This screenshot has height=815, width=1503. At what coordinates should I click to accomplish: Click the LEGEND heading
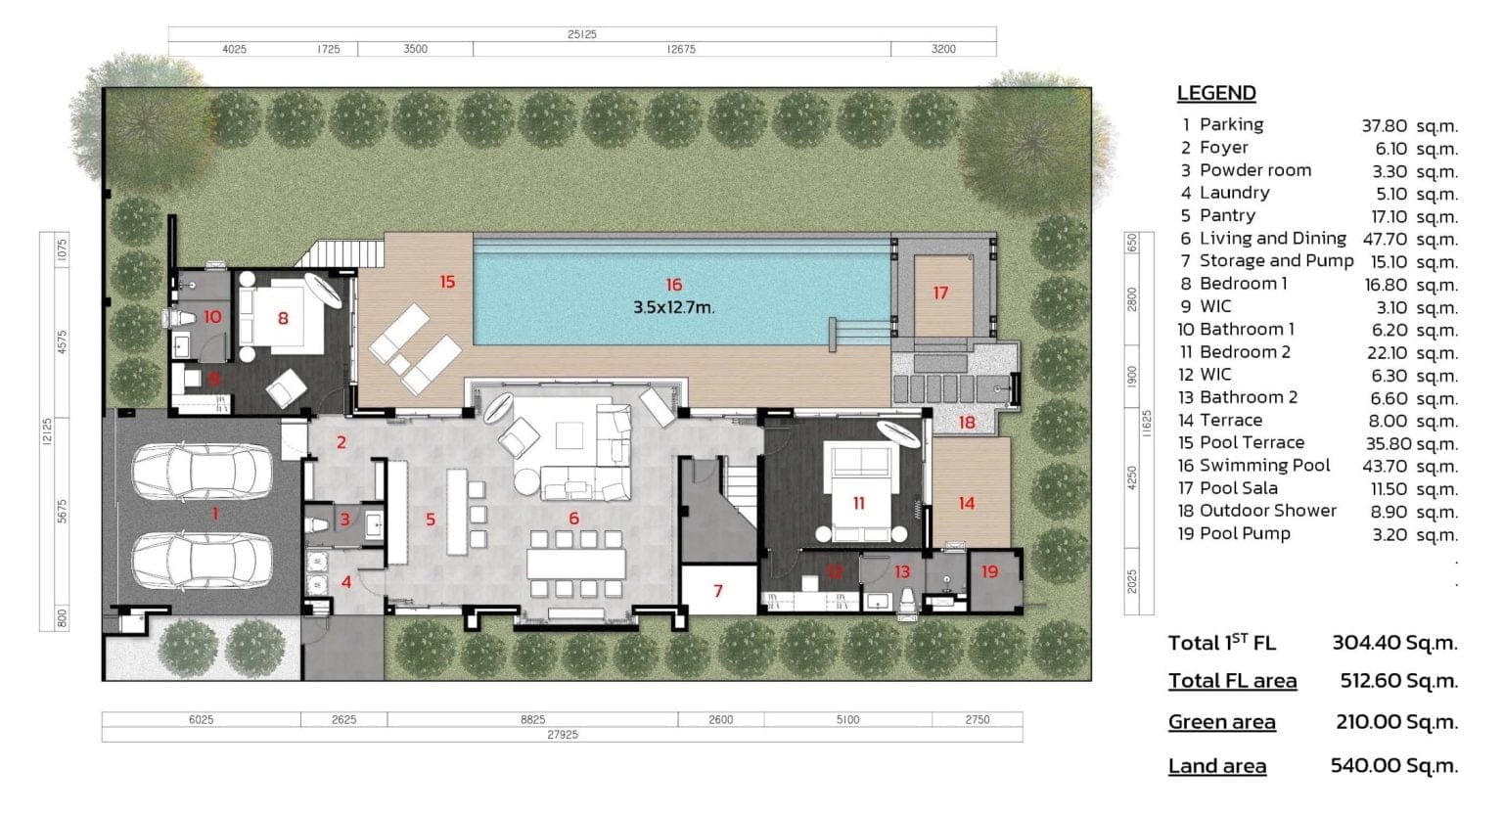(x=1215, y=93)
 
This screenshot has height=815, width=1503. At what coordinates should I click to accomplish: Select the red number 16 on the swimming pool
(x=673, y=285)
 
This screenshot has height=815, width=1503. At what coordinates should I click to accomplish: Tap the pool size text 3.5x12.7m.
(x=673, y=307)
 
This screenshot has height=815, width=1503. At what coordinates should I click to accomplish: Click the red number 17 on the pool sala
(x=940, y=293)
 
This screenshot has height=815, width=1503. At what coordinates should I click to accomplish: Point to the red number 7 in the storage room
(x=718, y=591)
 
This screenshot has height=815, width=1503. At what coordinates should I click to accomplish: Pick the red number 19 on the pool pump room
(x=989, y=571)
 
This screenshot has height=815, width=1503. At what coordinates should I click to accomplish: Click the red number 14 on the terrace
(x=966, y=503)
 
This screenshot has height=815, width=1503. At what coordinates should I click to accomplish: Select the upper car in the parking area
(x=203, y=472)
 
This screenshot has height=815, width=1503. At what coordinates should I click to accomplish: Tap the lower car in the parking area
(x=203, y=560)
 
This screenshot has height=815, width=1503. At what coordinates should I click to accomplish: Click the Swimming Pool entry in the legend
(x=1264, y=466)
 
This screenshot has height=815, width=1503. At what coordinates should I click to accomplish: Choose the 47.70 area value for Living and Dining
(x=1385, y=239)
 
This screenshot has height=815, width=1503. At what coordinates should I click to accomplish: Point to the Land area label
(x=1216, y=766)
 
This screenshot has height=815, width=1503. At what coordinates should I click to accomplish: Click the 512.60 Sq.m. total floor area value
(x=1398, y=681)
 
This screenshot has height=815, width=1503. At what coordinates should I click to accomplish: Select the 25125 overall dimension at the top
(x=581, y=34)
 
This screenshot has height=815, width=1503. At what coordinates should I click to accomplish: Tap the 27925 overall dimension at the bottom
(x=562, y=734)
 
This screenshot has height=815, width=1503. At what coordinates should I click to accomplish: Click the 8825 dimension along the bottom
(x=532, y=719)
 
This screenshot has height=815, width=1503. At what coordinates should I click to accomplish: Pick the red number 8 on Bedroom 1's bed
(x=283, y=318)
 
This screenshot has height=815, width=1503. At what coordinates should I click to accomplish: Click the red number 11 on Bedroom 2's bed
(x=858, y=503)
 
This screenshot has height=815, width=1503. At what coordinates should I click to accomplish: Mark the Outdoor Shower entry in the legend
(x=1267, y=511)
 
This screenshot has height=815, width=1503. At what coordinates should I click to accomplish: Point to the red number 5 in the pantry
(x=430, y=520)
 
